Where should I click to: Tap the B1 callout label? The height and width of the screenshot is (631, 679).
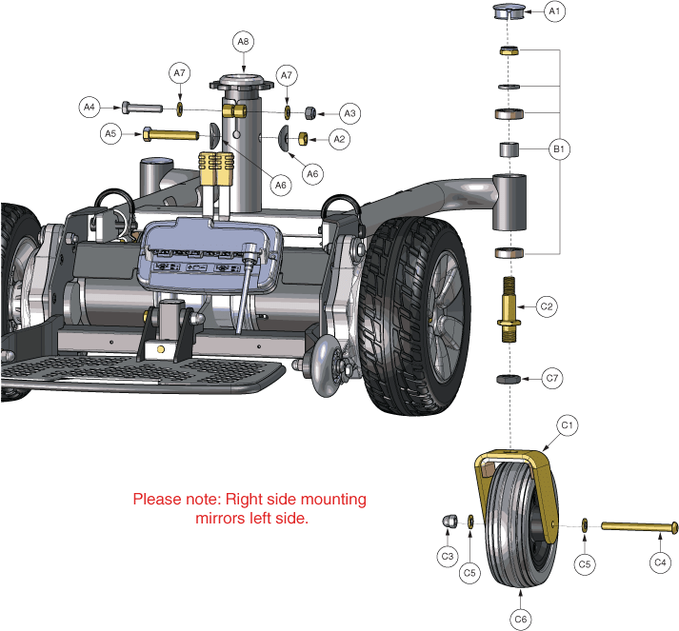559,149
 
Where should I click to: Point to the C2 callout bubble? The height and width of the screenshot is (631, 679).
547,306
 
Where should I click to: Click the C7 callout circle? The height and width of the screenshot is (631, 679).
550,378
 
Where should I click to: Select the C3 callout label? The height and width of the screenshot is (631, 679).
446,555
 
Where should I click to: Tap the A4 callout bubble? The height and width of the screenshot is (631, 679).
90,107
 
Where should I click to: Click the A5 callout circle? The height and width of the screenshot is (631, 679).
111,134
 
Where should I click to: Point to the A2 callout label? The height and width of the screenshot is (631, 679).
338,139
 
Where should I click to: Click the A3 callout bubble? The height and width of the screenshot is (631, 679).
349,113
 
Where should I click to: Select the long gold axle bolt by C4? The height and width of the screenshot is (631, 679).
638,526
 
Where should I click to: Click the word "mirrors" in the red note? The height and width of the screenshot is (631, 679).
219,519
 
